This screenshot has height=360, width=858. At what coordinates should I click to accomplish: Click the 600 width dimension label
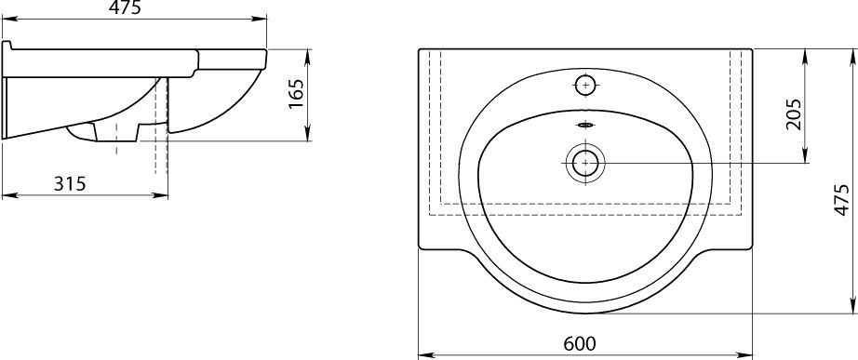coord(579,343)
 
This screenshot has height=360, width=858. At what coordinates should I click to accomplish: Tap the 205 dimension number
coord(793,114)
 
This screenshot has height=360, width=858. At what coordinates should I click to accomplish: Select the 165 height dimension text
coord(296,94)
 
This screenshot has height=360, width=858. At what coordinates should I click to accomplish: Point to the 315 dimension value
coord(70,184)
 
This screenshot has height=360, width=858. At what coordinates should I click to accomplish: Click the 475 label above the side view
coord(125,7)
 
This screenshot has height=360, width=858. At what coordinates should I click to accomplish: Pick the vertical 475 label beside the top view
coord(842,200)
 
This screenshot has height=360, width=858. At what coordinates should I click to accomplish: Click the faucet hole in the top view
coord(585,85)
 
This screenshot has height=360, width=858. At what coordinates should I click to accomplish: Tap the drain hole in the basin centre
coord(585,163)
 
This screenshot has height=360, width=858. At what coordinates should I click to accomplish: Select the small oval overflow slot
coord(585,126)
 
